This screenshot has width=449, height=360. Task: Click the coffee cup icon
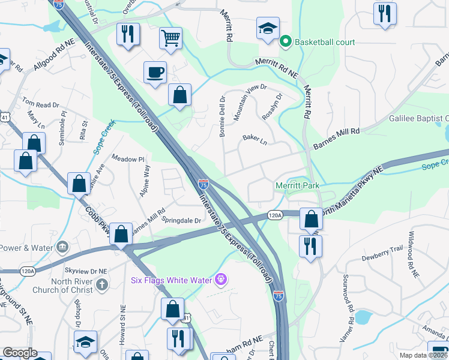point(155,72)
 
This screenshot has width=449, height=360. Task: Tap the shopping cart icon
point(170,38)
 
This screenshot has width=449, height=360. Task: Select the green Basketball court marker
point(286,42)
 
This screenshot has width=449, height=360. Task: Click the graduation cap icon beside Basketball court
point(267,28)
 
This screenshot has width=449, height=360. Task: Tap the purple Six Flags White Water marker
point(221,279)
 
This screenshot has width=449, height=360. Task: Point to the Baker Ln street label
point(254,139)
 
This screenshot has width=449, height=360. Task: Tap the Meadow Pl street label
point(128,158)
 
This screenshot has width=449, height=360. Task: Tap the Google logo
point(20,353)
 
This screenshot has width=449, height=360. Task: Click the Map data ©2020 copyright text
point(424,355)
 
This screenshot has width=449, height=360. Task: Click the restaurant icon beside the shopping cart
point(127,34)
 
